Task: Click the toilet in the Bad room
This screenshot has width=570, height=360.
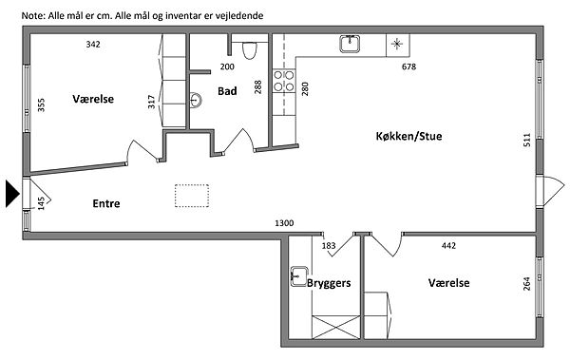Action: click(x=249, y=50)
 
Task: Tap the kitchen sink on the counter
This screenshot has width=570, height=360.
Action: click(x=350, y=44)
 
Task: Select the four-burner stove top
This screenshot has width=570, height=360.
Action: click(x=284, y=81)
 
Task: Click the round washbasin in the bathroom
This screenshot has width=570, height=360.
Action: click(x=196, y=100)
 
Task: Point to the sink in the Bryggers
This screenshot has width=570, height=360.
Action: click(x=299, y=276)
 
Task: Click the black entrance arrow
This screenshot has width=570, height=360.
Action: click(x=12, y=194)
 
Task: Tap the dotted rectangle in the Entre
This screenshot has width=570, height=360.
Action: click(x=192, y=196)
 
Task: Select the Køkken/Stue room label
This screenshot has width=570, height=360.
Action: click(x=408, y=137)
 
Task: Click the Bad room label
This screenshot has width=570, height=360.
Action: click(x=227, y=91)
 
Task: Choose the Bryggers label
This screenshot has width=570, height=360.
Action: click(x=329, y=283)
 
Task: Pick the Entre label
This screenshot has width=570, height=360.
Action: click(x=106, y=203)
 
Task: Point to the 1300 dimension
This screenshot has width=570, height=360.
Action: click(x=284, y=223)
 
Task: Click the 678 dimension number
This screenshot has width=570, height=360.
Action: click(x=408, y=66)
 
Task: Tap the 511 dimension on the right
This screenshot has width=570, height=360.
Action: click(x=527, y=140)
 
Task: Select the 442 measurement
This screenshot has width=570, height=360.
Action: click(x=448, y=246)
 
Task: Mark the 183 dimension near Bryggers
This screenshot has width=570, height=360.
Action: click(x=329, y=246)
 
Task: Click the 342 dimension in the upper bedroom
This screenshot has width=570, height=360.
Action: click(x=93, y=45)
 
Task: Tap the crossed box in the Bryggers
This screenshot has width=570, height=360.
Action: click(x=336, y=328)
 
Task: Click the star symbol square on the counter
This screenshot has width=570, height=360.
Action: click(x=398, y=45)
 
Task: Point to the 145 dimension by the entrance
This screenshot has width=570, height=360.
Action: click(x=41, y=203)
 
